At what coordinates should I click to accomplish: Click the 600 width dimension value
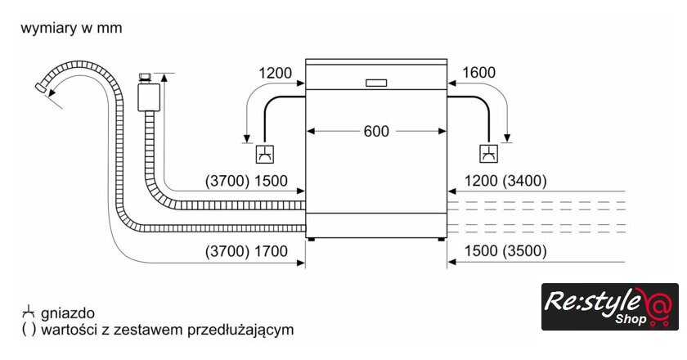click(x=376, y=131)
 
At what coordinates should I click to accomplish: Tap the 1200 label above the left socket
click(x=276, y=73)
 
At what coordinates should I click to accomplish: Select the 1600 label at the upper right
click(x=478, y=73)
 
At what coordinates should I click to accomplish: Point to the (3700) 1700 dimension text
click(x=246, y=252)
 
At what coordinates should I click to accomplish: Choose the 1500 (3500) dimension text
click(x=505, y=252)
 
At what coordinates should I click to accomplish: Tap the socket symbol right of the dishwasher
click(x=488, y=153)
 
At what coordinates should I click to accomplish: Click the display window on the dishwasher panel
click(x=376, y=83)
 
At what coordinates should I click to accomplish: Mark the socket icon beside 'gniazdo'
click(x=28, y=313)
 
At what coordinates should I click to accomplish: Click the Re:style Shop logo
click(x=609, y=307)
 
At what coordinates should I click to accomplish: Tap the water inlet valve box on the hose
click(x=148, y=94)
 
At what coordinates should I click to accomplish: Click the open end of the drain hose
click(x=43, y=86)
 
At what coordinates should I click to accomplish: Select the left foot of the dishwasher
click(x=312, y=240)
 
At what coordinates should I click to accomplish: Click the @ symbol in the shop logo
click(x=658, y=307)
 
